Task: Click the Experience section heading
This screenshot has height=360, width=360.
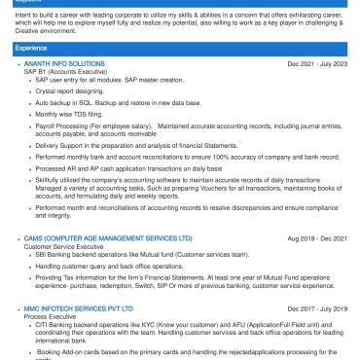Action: [x=31, y=47]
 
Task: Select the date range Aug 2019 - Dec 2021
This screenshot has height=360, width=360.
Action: [x=317, y=237]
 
